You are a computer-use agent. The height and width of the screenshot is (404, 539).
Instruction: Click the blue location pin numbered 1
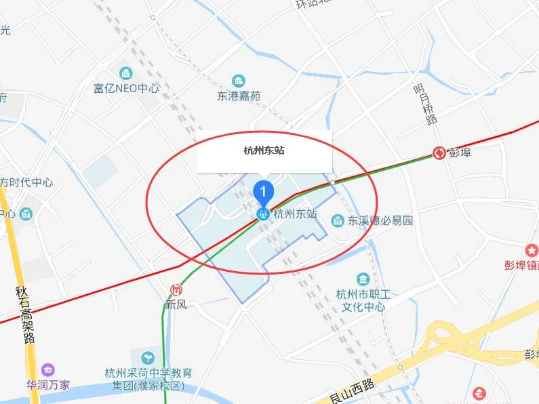point(263,192)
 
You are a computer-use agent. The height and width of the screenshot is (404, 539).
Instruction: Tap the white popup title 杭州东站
point(264,150)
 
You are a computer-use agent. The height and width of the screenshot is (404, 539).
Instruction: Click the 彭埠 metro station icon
point(439,153)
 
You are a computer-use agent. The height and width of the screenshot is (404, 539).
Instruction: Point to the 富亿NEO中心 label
point(126,88)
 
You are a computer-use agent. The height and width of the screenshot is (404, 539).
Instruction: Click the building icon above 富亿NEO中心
point(126,73)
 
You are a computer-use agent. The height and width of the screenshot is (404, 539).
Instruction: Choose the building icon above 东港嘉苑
point(239,81)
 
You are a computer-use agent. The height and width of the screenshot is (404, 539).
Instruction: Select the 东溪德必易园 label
point(380,220)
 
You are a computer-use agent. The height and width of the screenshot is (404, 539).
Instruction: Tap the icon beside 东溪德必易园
point(337,220)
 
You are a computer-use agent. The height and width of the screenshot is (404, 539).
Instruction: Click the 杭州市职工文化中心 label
point(361,300)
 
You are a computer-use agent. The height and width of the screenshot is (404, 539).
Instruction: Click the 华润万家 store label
point(48,385)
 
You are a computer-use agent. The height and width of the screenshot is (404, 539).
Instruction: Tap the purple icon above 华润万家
point(47,370)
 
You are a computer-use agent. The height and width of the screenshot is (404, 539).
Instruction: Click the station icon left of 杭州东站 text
point(263,214)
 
